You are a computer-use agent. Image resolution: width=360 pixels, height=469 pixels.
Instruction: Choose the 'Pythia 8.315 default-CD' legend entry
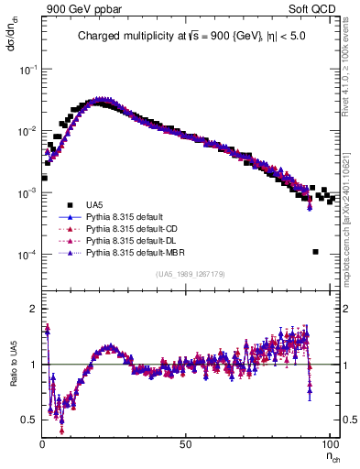pyautogui.click(x=129, y=229)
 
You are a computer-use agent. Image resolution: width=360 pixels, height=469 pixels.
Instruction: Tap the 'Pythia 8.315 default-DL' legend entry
pyautogui.click(x=129, y=240)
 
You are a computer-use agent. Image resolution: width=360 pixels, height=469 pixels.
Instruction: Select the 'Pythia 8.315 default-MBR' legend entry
pyautogui.click(x=133, y=252)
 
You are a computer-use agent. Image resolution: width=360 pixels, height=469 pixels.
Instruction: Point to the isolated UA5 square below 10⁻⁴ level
pyautogui.click(x=315, y=252)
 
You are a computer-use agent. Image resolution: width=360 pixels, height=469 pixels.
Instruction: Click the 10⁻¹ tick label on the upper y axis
pyautogui.click(x=27, y=70)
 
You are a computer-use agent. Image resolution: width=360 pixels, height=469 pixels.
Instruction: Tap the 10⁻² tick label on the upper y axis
pyautogui.click(x=27, y=132)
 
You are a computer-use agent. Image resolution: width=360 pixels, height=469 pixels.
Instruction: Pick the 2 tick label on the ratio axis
pyautogui.click(x=32, y=309)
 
